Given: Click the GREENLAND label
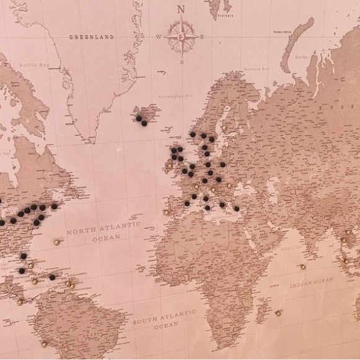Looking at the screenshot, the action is coord(91,37).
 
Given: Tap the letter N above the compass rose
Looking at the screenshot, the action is coord(181,9).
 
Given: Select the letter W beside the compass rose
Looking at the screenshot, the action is coord(158,37).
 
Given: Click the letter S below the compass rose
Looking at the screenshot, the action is coord(181,62).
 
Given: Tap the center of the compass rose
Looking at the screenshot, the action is coord(181,36).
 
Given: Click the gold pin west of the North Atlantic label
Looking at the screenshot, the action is coord(56,243).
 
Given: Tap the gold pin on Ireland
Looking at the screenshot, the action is coord(168,165).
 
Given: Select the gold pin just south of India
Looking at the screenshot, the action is coord(302,268).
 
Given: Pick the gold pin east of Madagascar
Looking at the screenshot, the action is coord(278,313).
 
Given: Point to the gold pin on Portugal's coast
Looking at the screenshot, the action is coord(166,212).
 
